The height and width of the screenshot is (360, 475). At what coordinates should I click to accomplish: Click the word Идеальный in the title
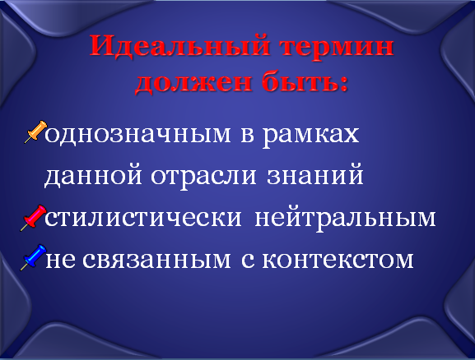click(179, 45)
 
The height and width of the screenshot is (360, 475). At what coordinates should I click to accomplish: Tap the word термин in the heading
click(336, 47)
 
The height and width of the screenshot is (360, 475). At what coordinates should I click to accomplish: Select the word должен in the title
click(193, 81)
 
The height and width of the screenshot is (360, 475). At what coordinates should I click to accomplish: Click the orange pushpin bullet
click(35, 132)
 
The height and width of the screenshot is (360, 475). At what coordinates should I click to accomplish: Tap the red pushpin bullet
click(33, 218)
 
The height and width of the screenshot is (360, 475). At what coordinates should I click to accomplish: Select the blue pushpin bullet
click(33, 257)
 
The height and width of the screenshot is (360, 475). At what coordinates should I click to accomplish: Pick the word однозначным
click(137, 135)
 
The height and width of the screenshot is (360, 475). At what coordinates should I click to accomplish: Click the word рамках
click(310, 136)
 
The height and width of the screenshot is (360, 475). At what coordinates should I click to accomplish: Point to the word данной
click(93, 175)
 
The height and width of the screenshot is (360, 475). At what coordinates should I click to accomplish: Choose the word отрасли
click(203, 177)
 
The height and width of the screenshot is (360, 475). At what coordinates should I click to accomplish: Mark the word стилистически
click(143, 218)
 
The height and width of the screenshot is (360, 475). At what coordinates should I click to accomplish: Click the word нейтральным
click(346, 217)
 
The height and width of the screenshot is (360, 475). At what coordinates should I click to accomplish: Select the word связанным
click(156, 260)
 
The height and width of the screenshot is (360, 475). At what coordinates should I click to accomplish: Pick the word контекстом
click(338, 260)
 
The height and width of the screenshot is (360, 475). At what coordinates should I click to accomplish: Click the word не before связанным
click(60, 260)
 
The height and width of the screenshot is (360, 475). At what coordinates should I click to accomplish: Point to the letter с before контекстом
click(248, 260)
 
